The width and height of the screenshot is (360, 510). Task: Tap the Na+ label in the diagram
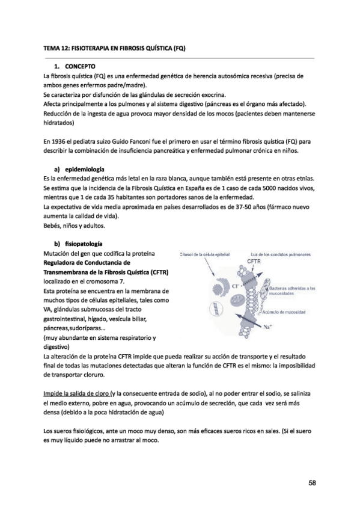coord(269,327)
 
